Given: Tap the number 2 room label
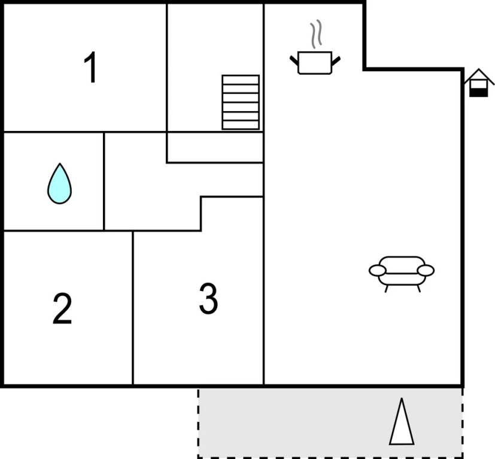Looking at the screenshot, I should point(62,308).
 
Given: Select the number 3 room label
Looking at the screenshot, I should point(208,299).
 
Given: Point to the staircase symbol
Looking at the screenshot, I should point(241,102).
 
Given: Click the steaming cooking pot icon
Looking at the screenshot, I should point(315,62).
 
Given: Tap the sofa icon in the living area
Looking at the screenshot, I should point(401,272).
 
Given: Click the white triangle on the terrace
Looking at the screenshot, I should point(402,423).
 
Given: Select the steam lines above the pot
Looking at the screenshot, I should point(315,35).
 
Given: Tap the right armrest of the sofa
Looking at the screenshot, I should point(426,271).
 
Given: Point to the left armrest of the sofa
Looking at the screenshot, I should point(377,271).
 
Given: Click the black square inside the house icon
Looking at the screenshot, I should point(477,92).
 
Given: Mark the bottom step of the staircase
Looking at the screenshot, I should point(241,125).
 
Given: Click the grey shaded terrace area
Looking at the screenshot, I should point(299,423).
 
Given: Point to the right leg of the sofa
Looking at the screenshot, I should point(419,287).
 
